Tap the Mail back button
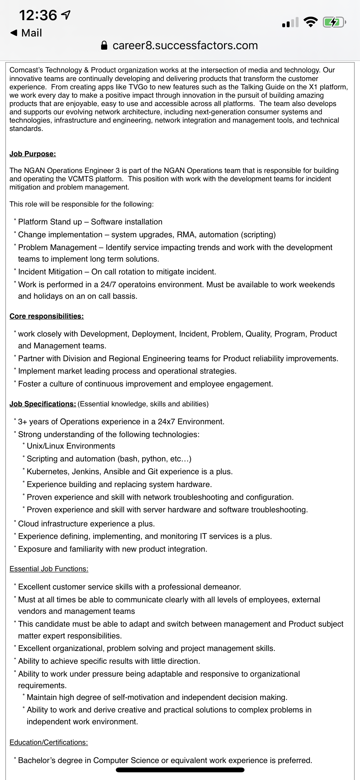tap(26, 33)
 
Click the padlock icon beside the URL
tap(104, 45)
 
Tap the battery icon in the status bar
tap(333, 22)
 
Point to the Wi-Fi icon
tap(310, 22)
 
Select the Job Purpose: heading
tap(33, 154)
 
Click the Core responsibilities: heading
tap(47, 316)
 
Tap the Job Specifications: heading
tap(43, 404)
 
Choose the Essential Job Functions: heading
tap(49, 569)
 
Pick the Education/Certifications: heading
tap(49, 743)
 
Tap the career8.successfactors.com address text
tap(185, 45)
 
